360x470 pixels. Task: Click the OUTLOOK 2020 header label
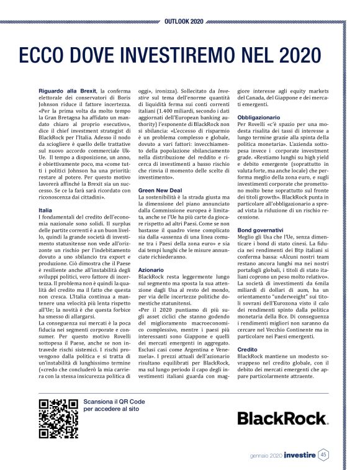click(183, 21)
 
